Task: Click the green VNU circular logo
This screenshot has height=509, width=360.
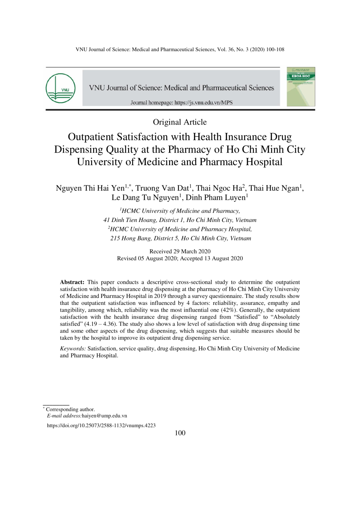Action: point(60,88)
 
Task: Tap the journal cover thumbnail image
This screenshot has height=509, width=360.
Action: point(301,87)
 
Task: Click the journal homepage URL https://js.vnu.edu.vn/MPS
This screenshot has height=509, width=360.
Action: point(203,102)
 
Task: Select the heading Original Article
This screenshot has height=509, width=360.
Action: point(180,122)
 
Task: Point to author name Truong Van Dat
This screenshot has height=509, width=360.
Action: point(162,188)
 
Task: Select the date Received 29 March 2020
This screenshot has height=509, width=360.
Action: point(180,251)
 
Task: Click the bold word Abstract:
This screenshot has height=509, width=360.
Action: point(72,282)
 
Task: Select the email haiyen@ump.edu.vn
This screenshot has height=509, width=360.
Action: point(104,416)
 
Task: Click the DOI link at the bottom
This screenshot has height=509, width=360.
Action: point(101,425)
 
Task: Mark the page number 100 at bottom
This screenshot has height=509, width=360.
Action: point(180,433)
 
